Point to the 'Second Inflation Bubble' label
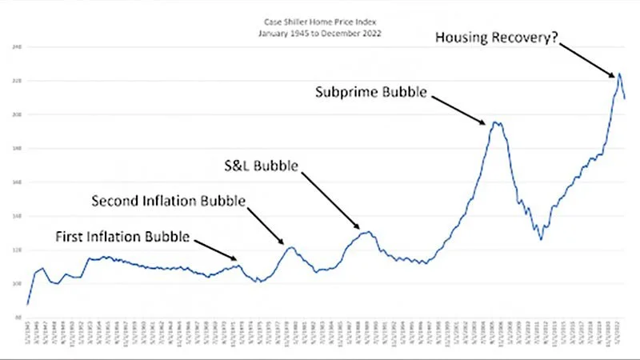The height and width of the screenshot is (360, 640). (x=168, y=200)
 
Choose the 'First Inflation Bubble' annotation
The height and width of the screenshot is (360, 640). (x=122, y=237)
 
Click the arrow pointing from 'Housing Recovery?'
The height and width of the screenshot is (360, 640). (x=591, y=59)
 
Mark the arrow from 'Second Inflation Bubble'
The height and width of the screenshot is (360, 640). (x=265, y=222)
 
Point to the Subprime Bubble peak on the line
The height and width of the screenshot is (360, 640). (x=495, y=122)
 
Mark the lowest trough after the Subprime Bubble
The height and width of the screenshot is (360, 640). (x=541, y=239)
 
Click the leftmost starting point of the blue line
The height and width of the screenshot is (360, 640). (x=27, y=304)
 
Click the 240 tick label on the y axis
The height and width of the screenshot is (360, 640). (x=15, y=47)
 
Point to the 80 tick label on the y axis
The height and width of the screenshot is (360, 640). (x=17, y=318)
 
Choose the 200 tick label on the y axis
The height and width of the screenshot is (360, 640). (x=15, y=114)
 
